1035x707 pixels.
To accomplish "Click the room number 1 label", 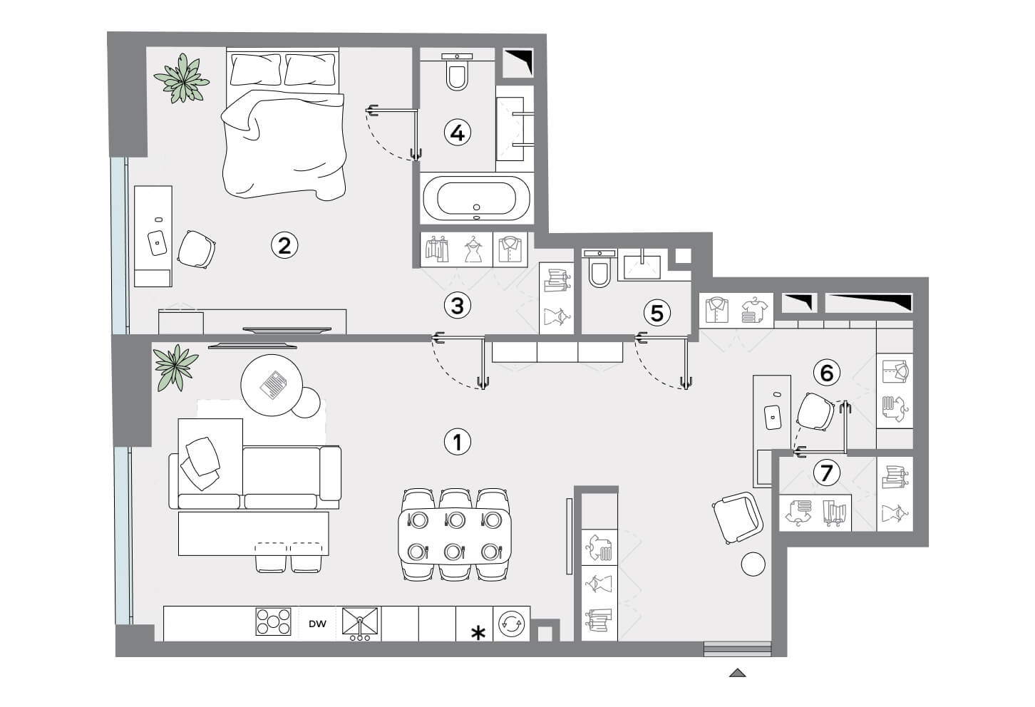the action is [x=457, y=442].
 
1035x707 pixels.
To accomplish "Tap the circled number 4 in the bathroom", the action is [x=457, y=133].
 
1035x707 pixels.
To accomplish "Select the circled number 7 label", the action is [x=826, y=473].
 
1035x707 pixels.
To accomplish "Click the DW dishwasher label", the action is [x=317, y=624].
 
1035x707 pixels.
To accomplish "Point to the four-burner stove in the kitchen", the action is [x=273, y=621].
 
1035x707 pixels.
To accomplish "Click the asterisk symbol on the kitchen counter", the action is [x=478, y=633].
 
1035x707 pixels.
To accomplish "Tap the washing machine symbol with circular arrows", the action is [x=512, y=624].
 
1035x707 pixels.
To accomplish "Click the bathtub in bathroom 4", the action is [x=476, y=199].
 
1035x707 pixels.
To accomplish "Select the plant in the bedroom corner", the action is [x=182, y=78].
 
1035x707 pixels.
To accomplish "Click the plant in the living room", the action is [x=175, y=368].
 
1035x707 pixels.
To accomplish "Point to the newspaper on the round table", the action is [x=273, y=384].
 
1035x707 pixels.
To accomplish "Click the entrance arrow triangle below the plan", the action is [x=738, y=673].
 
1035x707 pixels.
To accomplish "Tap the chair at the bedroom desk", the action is [x=197, y=249].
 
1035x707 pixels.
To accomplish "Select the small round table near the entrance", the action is [x=753, y=564].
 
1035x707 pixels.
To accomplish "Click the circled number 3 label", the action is [x=457, y=306].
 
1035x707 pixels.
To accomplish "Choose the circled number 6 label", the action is [x=826, y=372].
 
